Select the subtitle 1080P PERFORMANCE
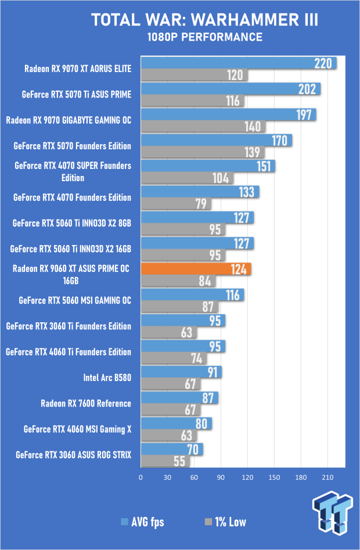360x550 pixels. [x=204, y=38]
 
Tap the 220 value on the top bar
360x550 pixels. [x=323, y=63]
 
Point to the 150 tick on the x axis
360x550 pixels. [x=274, y=477]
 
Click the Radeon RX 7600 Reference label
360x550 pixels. [x=86, y=403]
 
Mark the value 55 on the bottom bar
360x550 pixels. [x=180, y=461]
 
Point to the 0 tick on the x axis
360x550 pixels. [x=141, y=477]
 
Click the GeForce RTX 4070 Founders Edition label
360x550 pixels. [x=72, y=197]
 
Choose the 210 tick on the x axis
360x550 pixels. [x=327, y=477]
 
